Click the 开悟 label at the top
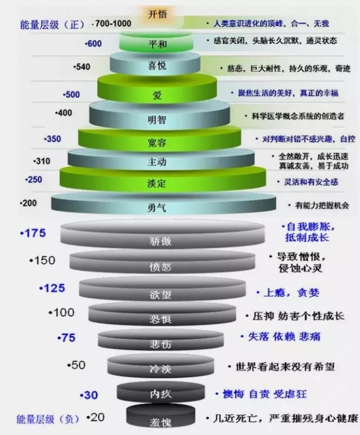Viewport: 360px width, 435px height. coord(157,14)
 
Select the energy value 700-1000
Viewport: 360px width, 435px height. coord(113,24)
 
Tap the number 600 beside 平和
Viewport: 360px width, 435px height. coord(94,43)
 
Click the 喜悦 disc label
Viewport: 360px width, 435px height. coord(157,65)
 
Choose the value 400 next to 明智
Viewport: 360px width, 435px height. coord(65,113)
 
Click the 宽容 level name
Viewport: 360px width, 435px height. coord(157,142)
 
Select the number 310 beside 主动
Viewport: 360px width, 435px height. coord(43,161)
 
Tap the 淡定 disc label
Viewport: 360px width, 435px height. coord(157,183)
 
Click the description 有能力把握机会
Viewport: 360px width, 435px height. coord(322,205)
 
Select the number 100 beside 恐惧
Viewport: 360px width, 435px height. coord(62,313)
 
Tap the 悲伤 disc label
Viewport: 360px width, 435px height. coord(160,344)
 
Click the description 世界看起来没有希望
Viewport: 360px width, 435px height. coord(285,367)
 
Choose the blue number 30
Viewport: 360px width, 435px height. coord(90,395)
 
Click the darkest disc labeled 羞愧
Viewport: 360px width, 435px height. coord(160,415)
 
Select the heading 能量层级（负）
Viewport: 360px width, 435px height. coord(48,419)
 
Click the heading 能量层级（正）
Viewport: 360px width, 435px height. coord(52,25)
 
